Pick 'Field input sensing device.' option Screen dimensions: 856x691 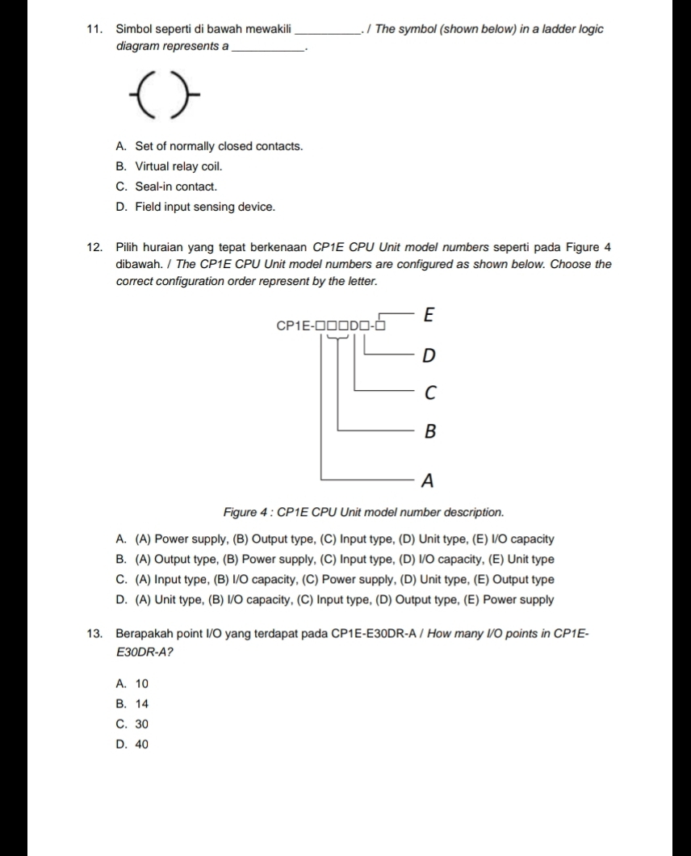(205, 207)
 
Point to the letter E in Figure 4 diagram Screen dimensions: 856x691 (429, 316)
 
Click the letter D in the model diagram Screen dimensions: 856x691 (429, 355)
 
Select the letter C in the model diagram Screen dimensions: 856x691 (429, 393)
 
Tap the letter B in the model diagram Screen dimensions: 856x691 (429, 432)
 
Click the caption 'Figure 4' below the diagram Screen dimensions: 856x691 (246, 512)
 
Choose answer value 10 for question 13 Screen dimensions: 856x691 (141, 684)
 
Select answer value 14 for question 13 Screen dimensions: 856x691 (141, 704)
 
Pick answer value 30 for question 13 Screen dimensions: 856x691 (141, 724)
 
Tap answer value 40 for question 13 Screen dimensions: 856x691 (141, 745)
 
